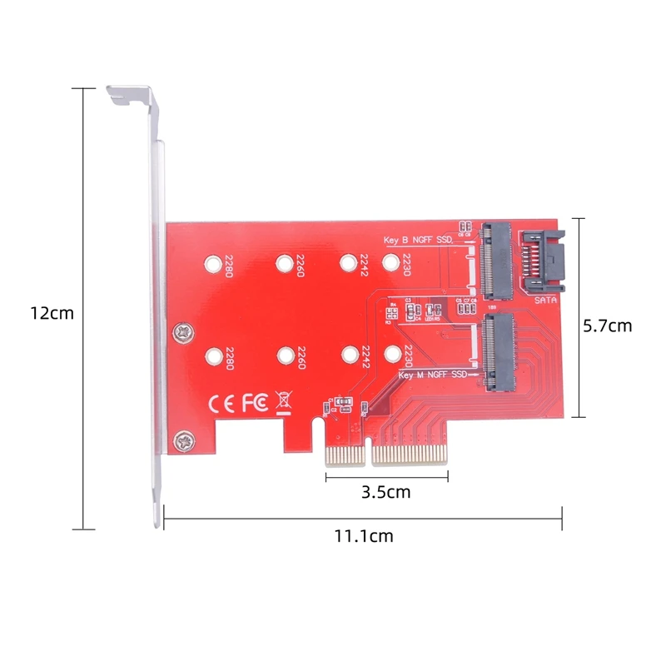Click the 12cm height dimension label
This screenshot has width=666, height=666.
[x=52, y=314]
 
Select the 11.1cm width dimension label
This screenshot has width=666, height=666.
[x=364, y=536]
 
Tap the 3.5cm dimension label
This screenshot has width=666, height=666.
[x=386, y=492]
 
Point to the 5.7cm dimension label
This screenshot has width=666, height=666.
[x=607, y=326]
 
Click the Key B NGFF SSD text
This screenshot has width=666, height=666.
[x=418, y=239]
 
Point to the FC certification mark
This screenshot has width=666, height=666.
[x=255, y=403]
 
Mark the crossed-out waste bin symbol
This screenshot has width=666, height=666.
[x=284, y=402]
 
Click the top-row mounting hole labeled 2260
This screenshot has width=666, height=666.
[x=285, y=263]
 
